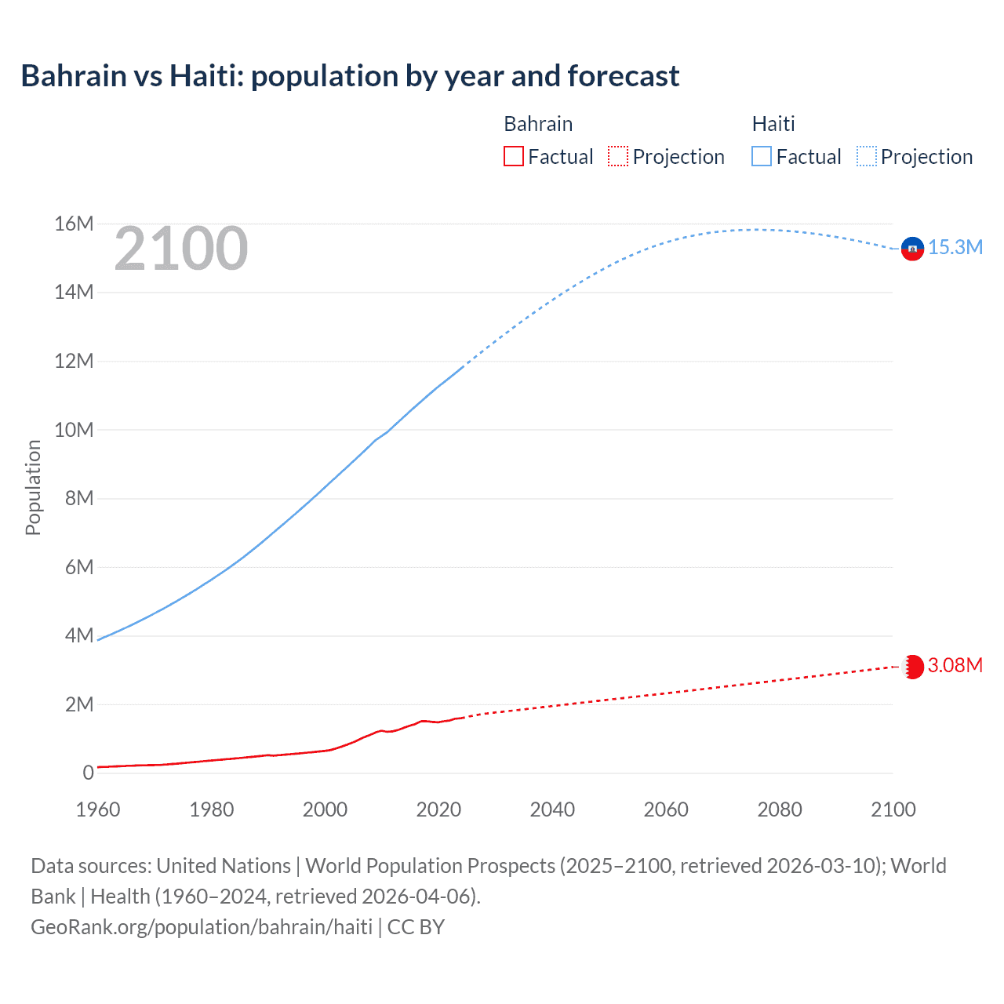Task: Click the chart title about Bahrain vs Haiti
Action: pyautogui.click(x=350, y=76)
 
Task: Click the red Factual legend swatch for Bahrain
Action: pyautogui.click(x=513, y=157)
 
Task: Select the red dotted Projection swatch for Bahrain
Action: pyautogui.click(x=618, y=157)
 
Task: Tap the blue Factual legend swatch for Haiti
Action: pyautogui.click(x=761, y=157)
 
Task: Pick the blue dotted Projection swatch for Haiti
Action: pyautogui.click(x=867, y=157)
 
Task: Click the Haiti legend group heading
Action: pyautogui.click(x=773, y=124)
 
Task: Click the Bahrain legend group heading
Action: pyautogui.click(x=537, y=124)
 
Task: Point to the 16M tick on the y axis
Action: pyautogui.click(x=74, y=224)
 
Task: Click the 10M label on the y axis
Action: pyautogui.click(x=74, y=430)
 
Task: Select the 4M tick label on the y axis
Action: pyautogui.click(x=78, y=635)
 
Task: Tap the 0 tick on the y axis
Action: pyautogui.click(x=88, y=773)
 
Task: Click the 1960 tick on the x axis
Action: pyautogui.click(x=98, y=809)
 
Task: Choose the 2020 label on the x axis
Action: pyautogui.click(x=438, y=809)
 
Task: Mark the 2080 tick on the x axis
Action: pyautogui.click(x=779, y=809)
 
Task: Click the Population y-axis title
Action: pyautogui.click(x=33, y=487)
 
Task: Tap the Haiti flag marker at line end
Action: pyautogui.click(x=912, y=249)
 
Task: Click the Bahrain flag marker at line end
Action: pyautogui.click(x=912, y=667)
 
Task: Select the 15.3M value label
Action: pyautogui.click(x=955, y=248)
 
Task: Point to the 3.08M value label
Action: pyautogui.click(x=955, y=666)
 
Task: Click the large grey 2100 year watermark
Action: pyautogui.click(x=181, y=249)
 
